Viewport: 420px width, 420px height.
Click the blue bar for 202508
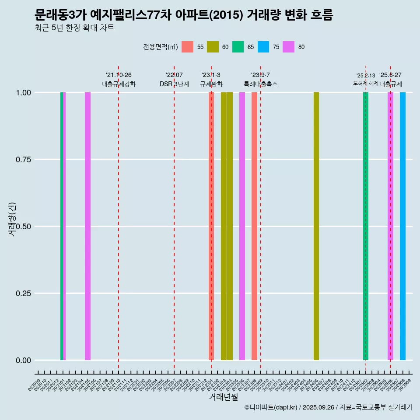[402, 226]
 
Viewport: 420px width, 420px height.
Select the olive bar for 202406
[316, 226]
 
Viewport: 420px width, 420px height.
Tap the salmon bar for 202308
[254, 226]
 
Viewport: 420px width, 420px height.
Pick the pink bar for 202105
[87, 226]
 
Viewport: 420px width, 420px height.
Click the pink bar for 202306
[242, 226]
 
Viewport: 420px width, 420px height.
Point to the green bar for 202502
[366, 226]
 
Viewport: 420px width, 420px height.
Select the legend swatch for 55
[188, 47]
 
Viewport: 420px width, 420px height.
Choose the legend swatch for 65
[238, 47]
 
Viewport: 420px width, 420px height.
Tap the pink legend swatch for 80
[289, 47]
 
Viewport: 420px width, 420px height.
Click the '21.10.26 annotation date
[119, 75]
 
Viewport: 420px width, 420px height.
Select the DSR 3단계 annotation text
[174, 84]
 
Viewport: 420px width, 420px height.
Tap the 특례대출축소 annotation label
[261, 84]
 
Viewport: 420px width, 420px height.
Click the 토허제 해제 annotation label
[366, 83]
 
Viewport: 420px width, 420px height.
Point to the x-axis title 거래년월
[224, 397]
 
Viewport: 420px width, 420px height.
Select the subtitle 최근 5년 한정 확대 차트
[74, 28]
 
